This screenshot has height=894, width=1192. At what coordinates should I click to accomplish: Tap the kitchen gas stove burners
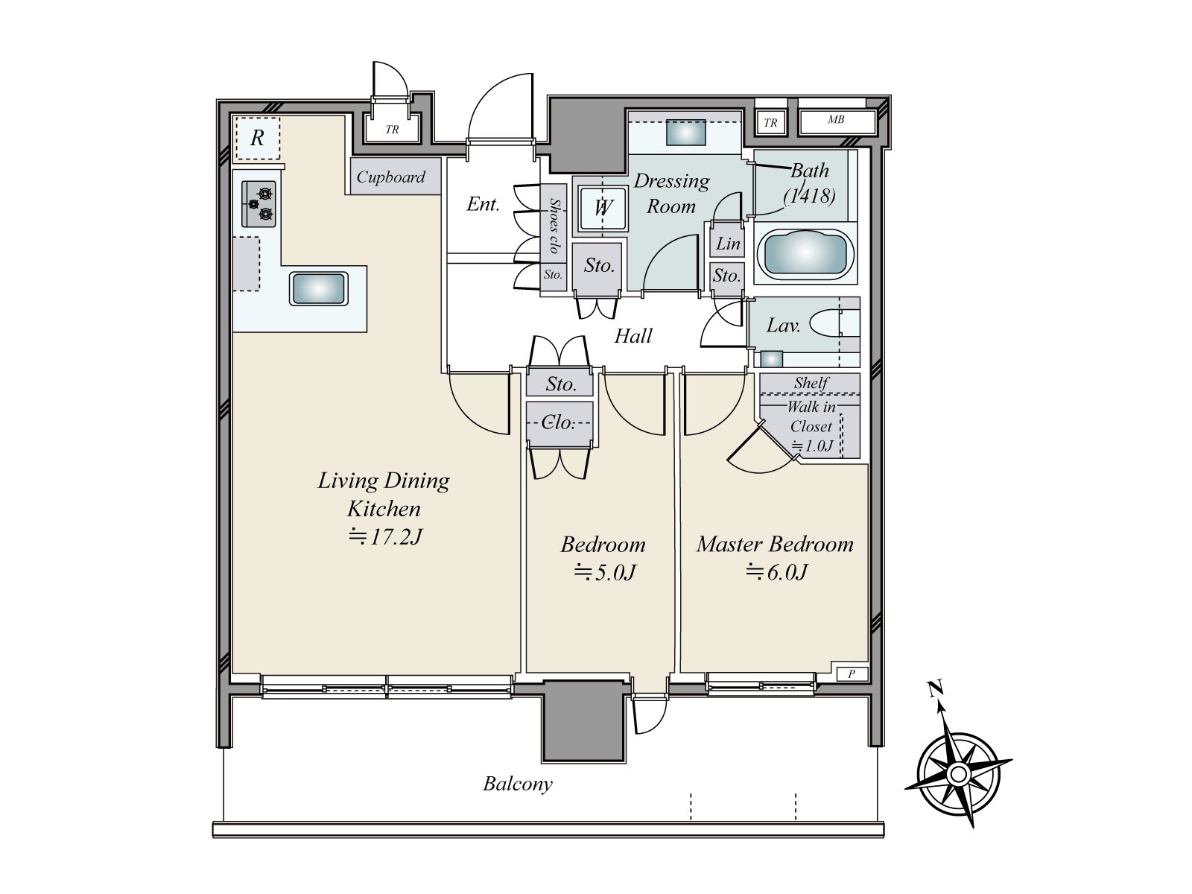259,203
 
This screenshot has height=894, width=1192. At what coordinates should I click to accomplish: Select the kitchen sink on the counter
318,288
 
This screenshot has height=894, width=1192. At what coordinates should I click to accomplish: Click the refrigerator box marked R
258,139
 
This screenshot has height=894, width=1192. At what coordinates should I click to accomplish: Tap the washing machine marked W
602,207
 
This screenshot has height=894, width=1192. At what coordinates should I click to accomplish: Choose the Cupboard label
391,177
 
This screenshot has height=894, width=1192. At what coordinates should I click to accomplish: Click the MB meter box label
836,119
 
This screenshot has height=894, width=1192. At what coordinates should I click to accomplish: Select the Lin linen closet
727,244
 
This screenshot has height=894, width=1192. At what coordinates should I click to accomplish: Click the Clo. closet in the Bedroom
559,423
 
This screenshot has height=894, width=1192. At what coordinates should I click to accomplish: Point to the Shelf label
811,383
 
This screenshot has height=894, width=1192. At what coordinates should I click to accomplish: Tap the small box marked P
852,673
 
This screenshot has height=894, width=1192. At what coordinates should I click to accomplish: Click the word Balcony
518,784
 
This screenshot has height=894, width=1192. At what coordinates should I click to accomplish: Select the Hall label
633,336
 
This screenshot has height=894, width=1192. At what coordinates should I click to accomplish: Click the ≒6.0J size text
777,572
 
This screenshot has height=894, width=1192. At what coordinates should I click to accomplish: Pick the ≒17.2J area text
385,537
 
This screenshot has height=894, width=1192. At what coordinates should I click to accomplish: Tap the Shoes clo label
554,225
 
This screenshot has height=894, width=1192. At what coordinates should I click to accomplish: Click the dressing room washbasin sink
686,133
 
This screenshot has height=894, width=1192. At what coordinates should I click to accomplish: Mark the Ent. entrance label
483,204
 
